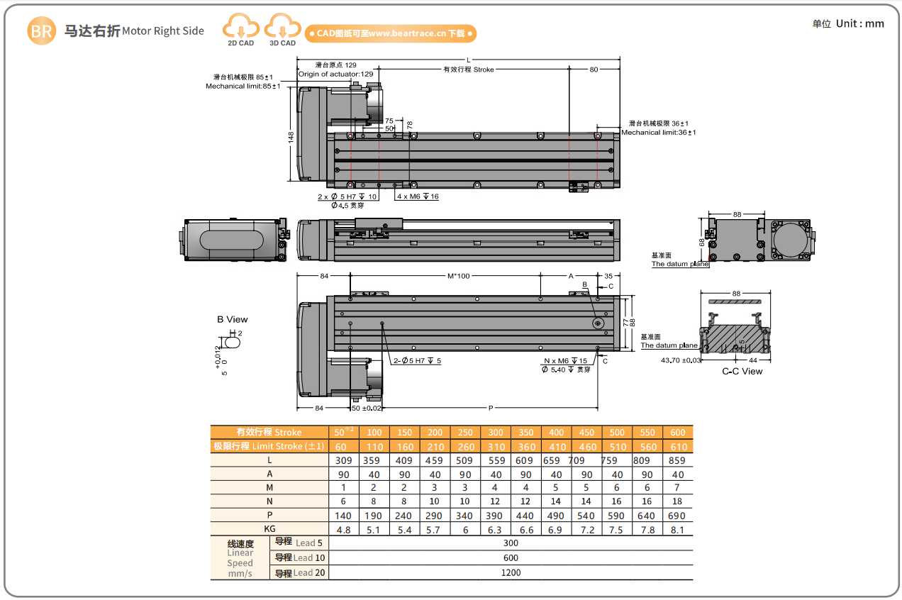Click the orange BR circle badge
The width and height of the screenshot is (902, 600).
coord(42,31)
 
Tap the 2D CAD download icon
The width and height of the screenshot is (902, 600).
coord(240,29)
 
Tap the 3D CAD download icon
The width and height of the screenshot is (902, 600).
coord(282,29)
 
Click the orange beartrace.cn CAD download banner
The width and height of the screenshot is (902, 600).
coord(390,33)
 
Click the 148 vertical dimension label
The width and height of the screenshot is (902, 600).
coord(291,136)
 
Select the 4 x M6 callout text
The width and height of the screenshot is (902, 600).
coord(418,196)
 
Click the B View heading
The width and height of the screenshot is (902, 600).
coord(233,320)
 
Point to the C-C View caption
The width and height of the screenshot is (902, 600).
coord(742,371)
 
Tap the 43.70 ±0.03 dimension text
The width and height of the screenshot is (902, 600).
coord(681,360)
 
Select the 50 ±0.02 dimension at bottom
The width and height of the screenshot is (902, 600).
coord(367,408)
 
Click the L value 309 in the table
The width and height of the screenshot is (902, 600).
coord(343,460)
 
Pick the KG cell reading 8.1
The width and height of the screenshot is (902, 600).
coord(677,529)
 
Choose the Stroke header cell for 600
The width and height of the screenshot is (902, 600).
coord(677,433)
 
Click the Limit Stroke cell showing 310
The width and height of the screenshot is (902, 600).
coord(496,447)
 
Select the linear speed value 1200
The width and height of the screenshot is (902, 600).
coord(511,572)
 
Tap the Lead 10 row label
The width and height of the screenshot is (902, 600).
coord(300,558)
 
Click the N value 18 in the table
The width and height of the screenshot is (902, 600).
coord(677,501)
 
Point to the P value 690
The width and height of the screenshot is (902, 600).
coord(677,516)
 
